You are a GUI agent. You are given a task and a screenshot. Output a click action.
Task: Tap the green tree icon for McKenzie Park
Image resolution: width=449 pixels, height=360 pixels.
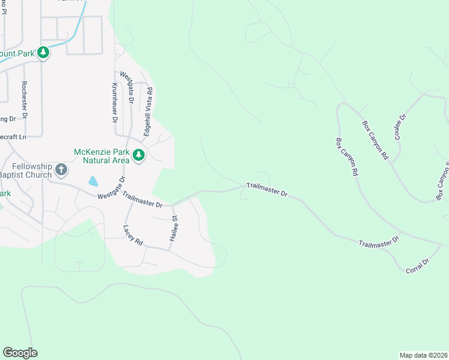tap(139, 155)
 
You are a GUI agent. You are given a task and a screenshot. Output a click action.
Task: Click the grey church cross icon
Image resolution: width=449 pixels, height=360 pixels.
tap(61, 170)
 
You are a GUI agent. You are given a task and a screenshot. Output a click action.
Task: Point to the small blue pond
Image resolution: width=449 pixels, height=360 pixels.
tap(93, 181)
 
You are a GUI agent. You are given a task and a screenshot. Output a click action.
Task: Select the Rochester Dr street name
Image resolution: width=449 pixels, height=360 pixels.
tap(24, 100)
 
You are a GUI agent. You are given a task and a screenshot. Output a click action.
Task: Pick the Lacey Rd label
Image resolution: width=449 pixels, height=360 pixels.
tap(133, 235)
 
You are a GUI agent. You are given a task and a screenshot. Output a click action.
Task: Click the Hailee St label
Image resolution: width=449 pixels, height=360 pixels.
tap(175, 227)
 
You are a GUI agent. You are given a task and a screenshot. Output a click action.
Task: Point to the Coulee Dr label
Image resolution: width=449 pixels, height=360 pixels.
tap(400, 126)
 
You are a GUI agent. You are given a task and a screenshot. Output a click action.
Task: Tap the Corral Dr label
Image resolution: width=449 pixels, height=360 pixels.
tap(418, 266)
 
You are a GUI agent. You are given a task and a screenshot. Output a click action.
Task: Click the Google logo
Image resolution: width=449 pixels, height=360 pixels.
tap(20, 353)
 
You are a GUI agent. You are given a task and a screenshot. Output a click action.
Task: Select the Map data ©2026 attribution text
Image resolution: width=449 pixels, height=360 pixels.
tap(423, 355)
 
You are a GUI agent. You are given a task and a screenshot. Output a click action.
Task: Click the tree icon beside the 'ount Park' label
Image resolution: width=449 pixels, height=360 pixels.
tap(43, 53)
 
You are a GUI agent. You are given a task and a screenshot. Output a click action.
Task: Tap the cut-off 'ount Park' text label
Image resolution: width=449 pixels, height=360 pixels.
tap(16, 53)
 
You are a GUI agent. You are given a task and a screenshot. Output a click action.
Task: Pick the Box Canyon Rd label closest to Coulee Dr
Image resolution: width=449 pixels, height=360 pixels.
tap(375, 140)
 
